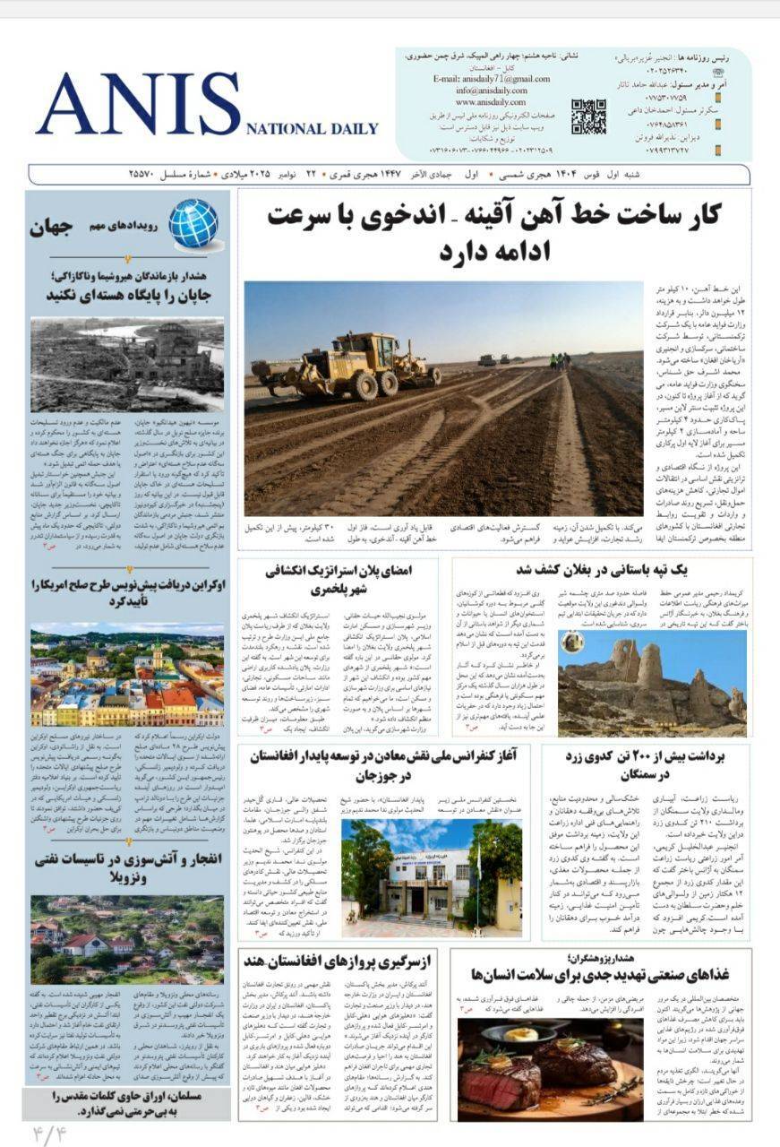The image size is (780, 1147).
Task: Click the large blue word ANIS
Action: [139, 104]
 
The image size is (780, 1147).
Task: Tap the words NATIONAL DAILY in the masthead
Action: [312, 129]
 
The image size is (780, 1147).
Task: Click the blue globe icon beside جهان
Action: [193, 223]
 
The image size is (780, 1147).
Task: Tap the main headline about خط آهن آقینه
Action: [494, 233]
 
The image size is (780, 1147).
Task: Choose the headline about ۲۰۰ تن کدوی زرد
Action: [646, 764]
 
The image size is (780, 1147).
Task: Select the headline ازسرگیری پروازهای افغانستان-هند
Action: [346, 962]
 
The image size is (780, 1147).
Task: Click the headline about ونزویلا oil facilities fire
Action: [128, 867]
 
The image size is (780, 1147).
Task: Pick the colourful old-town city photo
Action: [127, 675]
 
